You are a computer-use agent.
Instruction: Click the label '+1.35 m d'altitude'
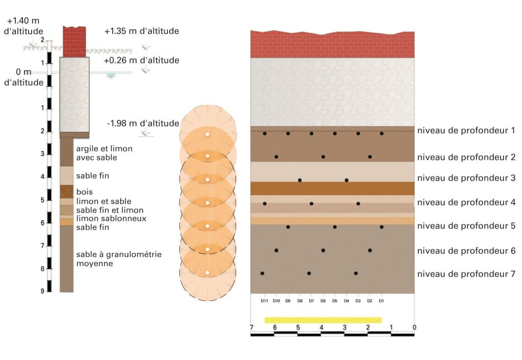pyautogui.click(x=142, y=31)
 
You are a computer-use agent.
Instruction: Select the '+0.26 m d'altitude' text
pyautogui.click(x=142, y=60)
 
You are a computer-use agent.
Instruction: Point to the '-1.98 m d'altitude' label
pyautogui.click(x=143, y=123)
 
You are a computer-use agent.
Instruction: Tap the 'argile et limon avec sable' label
pyautogui.click(x=104, y=153)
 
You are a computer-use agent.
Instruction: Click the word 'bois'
pyautogui.click(x=85, y=192)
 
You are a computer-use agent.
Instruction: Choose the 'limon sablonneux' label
pyautogui.click(x=111, y=218)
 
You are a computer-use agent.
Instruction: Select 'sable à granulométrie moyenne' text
pyautogui.click(x=119, y=259)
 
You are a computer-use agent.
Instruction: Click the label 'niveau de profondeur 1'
pyautogui.click(x=466, y=130)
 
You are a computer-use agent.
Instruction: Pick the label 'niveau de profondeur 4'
pyautogui.click(x=466, y=202)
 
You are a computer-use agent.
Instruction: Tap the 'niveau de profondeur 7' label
pyautogui.click(x=466, y=274)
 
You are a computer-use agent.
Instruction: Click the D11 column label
pyautogui.click(x=265, y=301)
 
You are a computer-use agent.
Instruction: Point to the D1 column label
pyautogui.click(x=381, y=301)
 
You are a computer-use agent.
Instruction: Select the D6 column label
pyautogui.click(x=323, y=301)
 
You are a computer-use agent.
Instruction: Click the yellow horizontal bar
pyautogui.click(x=323, y=320)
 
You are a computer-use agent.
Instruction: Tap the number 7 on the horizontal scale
pyautogui.click(x=252, y=327)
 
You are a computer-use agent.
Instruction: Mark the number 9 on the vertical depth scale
pyautogui.click(x=42, y=291)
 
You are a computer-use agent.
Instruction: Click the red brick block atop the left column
pyautogui.click(x=74, y=42)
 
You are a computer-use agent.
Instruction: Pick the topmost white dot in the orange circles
pyautogui.click(x=207, y=135)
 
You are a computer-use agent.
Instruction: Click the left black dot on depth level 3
pyautogui.click(x=300, y=180)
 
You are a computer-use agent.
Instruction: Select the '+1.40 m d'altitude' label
pyautogui.click(x=23, y=25)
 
